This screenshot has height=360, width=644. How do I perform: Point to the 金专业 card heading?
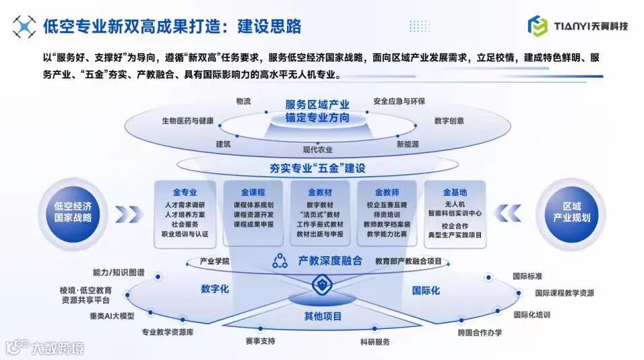pos(185,191)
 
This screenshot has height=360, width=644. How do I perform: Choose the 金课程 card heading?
pos(253,191)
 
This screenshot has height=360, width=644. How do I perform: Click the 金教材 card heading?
pos(320,191)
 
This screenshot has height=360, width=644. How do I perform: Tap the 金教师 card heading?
pos(387,191)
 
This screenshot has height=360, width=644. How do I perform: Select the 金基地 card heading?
pos(455,191)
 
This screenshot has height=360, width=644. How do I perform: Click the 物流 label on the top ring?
pos(243,101)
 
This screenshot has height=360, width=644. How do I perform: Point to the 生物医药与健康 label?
pos(187,121)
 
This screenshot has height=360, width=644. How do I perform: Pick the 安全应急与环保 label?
pos(399,102)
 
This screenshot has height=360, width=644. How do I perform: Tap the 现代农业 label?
pos(317,150)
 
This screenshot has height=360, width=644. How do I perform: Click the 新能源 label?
pos(408,144)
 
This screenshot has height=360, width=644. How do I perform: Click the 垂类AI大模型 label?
pos(112,316)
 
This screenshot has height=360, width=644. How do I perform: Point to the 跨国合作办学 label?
pos(480,332)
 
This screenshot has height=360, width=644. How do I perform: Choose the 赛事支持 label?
pos(260,341)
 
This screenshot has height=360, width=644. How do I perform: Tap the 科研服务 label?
pos(375,342)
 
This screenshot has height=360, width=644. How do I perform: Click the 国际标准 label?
pos(527,276)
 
